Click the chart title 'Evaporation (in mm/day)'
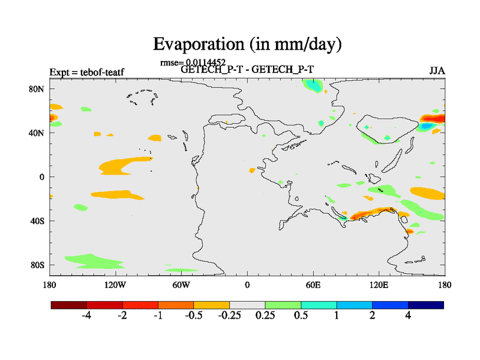247,44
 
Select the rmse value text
193,62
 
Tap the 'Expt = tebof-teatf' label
86,73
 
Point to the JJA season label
437,70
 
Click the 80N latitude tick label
38,89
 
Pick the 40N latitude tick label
38,133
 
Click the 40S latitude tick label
38,221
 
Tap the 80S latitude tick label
38,265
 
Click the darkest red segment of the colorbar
69,305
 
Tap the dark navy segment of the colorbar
426,305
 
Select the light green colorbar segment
283,305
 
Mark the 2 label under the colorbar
373,316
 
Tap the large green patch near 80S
90,261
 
